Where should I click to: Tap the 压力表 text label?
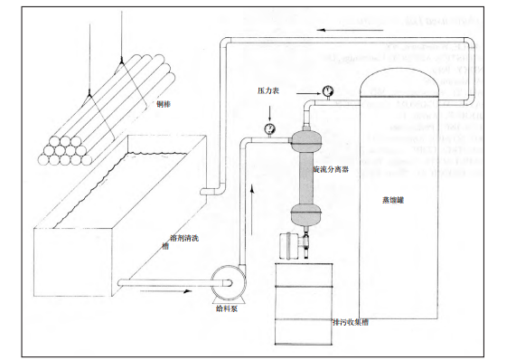[269, 92]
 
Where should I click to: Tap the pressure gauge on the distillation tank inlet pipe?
[325, 90]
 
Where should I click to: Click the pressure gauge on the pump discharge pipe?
[270, 129]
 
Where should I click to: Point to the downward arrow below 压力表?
[270, 110]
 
